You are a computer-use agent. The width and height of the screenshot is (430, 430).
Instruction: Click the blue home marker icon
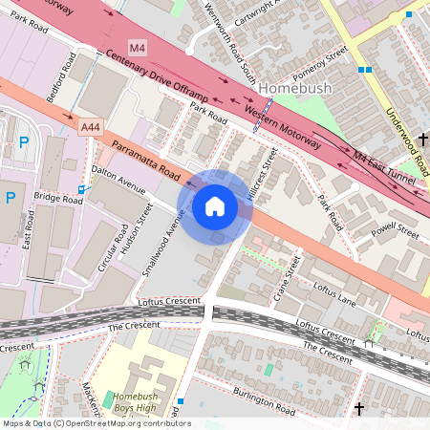(x=215, y=206)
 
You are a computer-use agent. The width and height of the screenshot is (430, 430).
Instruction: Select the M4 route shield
(x=139, y=47)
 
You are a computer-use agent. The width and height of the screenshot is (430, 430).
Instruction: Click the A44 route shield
(x=91, y=126)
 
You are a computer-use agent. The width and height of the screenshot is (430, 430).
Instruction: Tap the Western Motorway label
(x=283, y=125)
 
